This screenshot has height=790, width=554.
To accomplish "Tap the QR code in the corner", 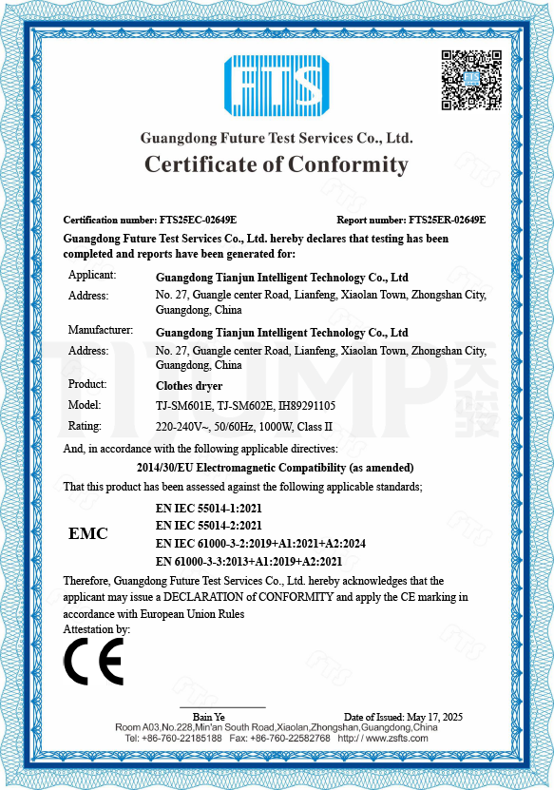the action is coord(470,79).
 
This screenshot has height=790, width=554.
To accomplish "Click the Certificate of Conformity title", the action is coord(277,164).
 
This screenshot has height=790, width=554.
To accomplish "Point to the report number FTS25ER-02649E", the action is coord(447,220).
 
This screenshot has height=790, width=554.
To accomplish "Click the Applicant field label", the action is coord(92,276).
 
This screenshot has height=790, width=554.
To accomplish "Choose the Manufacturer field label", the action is coord(101,331).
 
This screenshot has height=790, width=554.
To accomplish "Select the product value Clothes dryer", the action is coord(188,386).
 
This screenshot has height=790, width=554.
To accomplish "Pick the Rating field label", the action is coord(85,425).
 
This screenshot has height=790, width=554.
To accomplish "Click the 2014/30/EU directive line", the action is coord(276,468).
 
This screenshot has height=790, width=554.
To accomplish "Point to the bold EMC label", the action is coord(88,533).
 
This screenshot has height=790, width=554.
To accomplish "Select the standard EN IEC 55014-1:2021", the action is coord(208,509).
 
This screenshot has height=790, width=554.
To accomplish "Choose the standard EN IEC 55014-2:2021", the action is coord(208,526).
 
